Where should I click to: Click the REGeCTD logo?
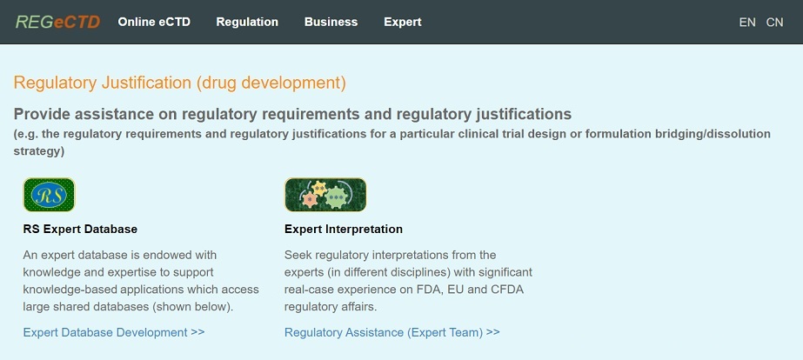pyautogui.click(x=58, y=22)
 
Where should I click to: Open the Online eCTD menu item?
pyautogui.click(x=154, y=22)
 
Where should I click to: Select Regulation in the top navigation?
pyautogui.click(x=247, y=22)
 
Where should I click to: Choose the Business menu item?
pyautogui.click(x=331, y=22)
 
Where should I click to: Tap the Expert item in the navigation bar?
pyautogui.click(x=403, y=22)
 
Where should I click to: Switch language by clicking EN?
pyautogui.click(x=747, y=23)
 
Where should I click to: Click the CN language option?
pyautogui.click(x=774, y=23)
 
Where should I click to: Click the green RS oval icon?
pyautogui.click(x=50, y=195)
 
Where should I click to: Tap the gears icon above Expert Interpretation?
pyautogui.click(x=325, y=195)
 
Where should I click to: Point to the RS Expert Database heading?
pyautogui.click(x=80, y=229)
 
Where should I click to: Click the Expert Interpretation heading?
pyautogui.click(x=344, y=229)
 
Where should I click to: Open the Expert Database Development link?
pyautogui.click(x=114, y=332)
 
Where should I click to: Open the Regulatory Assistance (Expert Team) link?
pyautogui.click(x=391, y=332)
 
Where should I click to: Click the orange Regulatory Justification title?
pyautogui.click(x=180, y=83)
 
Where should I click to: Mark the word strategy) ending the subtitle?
pyautogui.click(x=39, y=152)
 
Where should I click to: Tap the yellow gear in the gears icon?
pyautogui.click(x=319, y=189)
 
